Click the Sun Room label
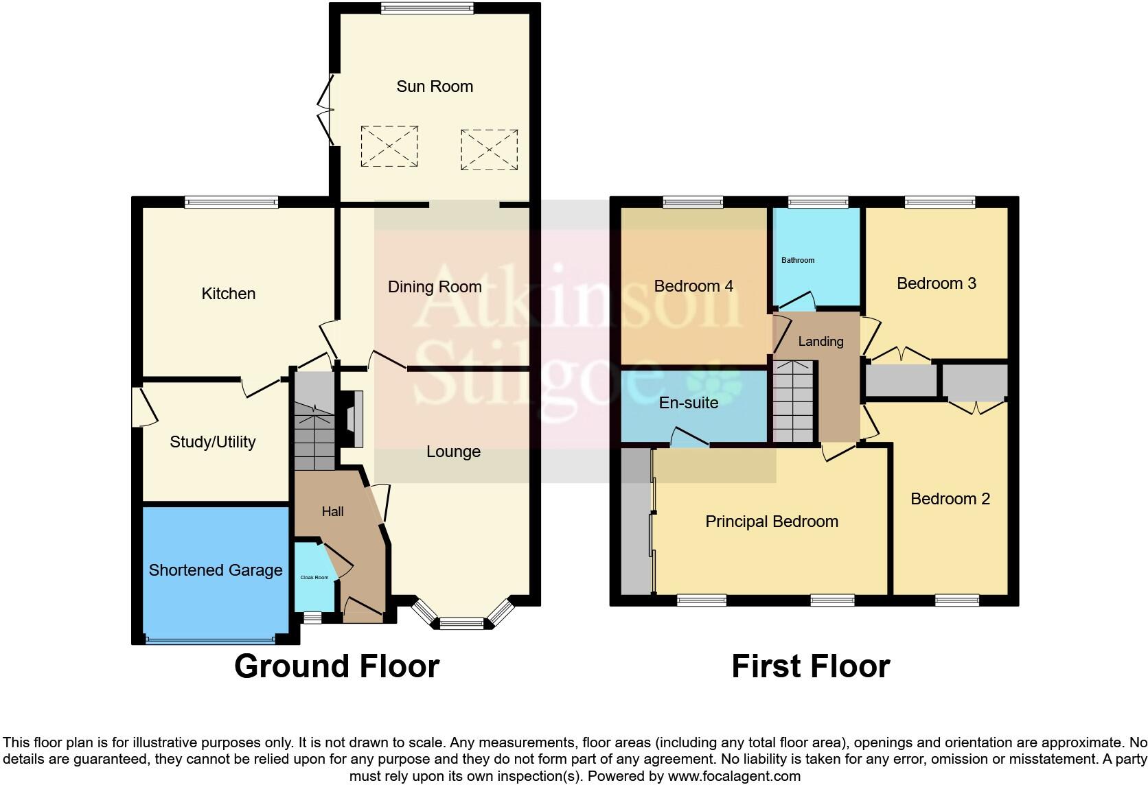[x=435, y=86]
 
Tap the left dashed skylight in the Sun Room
[x=389, y=146]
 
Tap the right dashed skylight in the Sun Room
[x=489, y=149]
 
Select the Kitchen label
[x=228, y=294]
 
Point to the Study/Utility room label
[x=212, y=442]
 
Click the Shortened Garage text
[x=216, y=570]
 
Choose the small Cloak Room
[x=314, y=577]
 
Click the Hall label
[x=332, y=511]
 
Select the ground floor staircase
[x=314, y=422]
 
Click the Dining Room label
[x=435, y=287]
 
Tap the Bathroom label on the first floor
[x=798, y=260]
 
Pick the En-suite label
[x=688, y=403]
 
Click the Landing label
[x=820, y=341]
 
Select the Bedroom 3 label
[x=936, y=283]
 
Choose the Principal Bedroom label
[x=772, y=522]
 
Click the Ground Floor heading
[x=336, y=666]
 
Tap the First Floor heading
[x=810, y=666]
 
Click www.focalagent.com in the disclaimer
[x=734, y=777]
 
